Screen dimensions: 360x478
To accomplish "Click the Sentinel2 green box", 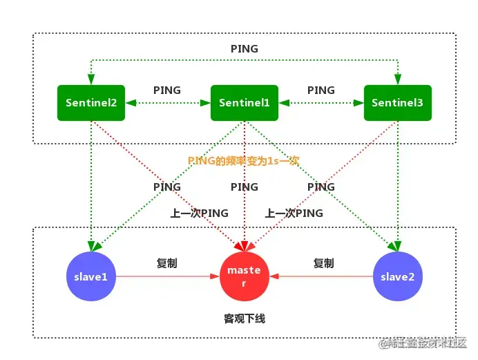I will tap(91, 103).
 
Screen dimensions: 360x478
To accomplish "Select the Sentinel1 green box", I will tap(244, 103).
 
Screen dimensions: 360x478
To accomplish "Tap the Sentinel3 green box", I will tap(397, 103).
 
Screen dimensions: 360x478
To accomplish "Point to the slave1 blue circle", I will tap(91, 276).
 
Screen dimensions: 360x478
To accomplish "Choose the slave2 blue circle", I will tap(397, 276).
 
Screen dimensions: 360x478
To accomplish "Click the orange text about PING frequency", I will tap(244, 160).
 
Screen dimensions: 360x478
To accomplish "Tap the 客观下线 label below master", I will tap(244, 319).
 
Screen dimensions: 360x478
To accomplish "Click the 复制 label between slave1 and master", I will tap(166, 263).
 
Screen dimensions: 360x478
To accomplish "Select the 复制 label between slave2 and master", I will tap(323, 263).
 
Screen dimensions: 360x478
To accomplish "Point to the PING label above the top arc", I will tap(244, 49).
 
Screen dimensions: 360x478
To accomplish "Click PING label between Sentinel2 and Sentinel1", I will tap(166, 90).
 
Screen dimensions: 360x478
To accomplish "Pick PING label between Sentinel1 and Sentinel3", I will tap(321, 90).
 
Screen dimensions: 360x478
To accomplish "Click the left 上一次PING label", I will tap(199, 213).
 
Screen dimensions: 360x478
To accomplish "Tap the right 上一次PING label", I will tap(294, 213).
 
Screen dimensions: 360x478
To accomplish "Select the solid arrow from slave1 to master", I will tap(166, 276).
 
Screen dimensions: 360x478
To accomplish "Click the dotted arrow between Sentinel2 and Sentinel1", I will tap(166, 103).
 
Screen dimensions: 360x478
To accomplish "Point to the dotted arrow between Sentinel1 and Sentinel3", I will tap(321, 103).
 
